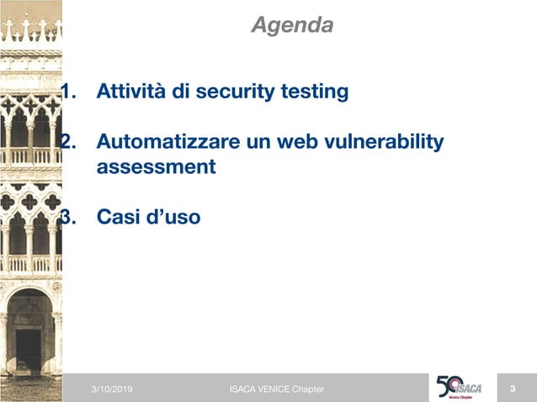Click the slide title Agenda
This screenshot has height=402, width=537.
[x=292, y=25]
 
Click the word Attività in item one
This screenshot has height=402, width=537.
[x=132, y=91]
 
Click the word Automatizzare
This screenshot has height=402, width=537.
[x=167, y=144]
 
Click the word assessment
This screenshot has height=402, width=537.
[x=157, y=167]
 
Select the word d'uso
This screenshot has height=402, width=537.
[x=173, y=218]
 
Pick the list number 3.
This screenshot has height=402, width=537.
[x=68, y=218]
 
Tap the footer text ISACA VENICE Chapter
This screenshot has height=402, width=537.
[x=276, y=389]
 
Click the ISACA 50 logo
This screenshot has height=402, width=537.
[x=459, y=387]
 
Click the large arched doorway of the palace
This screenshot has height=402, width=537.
[x=29, y=336]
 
